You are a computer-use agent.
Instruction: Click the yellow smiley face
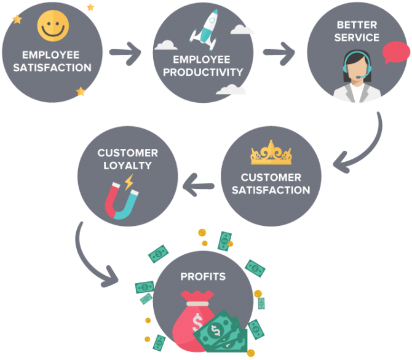coord(53,25)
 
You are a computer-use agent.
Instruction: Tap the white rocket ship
coord(204,30)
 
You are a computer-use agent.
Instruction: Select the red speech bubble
coord(396,52)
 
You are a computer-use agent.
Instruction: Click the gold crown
coord(271,153)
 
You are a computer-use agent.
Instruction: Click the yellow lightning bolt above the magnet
coord(129,182)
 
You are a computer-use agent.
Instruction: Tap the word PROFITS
coord(203,276)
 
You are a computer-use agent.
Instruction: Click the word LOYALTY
coord(128,166)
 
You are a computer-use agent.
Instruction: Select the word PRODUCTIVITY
coord(203,72)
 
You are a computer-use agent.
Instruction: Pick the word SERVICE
coord(357,38)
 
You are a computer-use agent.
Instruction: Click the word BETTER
coord(357,25)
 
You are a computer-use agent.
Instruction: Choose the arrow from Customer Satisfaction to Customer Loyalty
coord(199,185)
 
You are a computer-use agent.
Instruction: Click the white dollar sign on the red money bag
coord(197,322)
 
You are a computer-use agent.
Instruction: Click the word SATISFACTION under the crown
coord(271,190)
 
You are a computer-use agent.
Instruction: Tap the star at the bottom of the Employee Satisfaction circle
coord(81,91)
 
